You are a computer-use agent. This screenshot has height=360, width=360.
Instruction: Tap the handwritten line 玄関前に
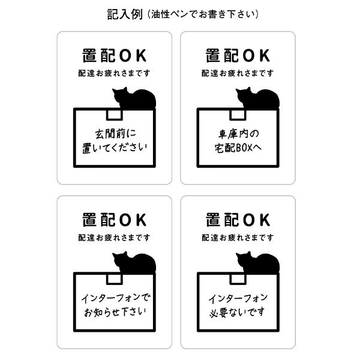pos(114,132)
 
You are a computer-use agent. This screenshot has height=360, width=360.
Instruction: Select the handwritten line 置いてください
pos(114,147)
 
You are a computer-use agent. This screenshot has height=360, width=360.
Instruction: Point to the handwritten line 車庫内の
pos(238,132)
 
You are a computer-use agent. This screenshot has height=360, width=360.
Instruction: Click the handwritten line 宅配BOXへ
pos(238,147)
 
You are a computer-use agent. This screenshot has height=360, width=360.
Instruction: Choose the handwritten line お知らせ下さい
pos(114,311)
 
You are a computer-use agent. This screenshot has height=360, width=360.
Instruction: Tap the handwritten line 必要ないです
pos(238,312)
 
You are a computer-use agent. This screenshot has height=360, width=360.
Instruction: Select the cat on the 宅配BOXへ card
pos(257,98)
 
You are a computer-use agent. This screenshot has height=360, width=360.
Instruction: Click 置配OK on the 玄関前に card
pos(114,55)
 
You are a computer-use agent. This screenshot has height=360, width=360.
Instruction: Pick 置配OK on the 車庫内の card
pos(238,55)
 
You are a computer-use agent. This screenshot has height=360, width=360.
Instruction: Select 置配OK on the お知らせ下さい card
pos(114,220)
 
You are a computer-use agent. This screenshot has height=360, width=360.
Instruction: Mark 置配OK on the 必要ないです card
pos(238,220)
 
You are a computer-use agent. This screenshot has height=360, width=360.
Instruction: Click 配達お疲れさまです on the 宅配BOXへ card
pos(238,73)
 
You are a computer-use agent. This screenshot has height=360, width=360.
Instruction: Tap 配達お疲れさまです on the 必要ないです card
pos(238,238)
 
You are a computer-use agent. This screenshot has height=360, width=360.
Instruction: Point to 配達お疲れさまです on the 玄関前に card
pos(114,73)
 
